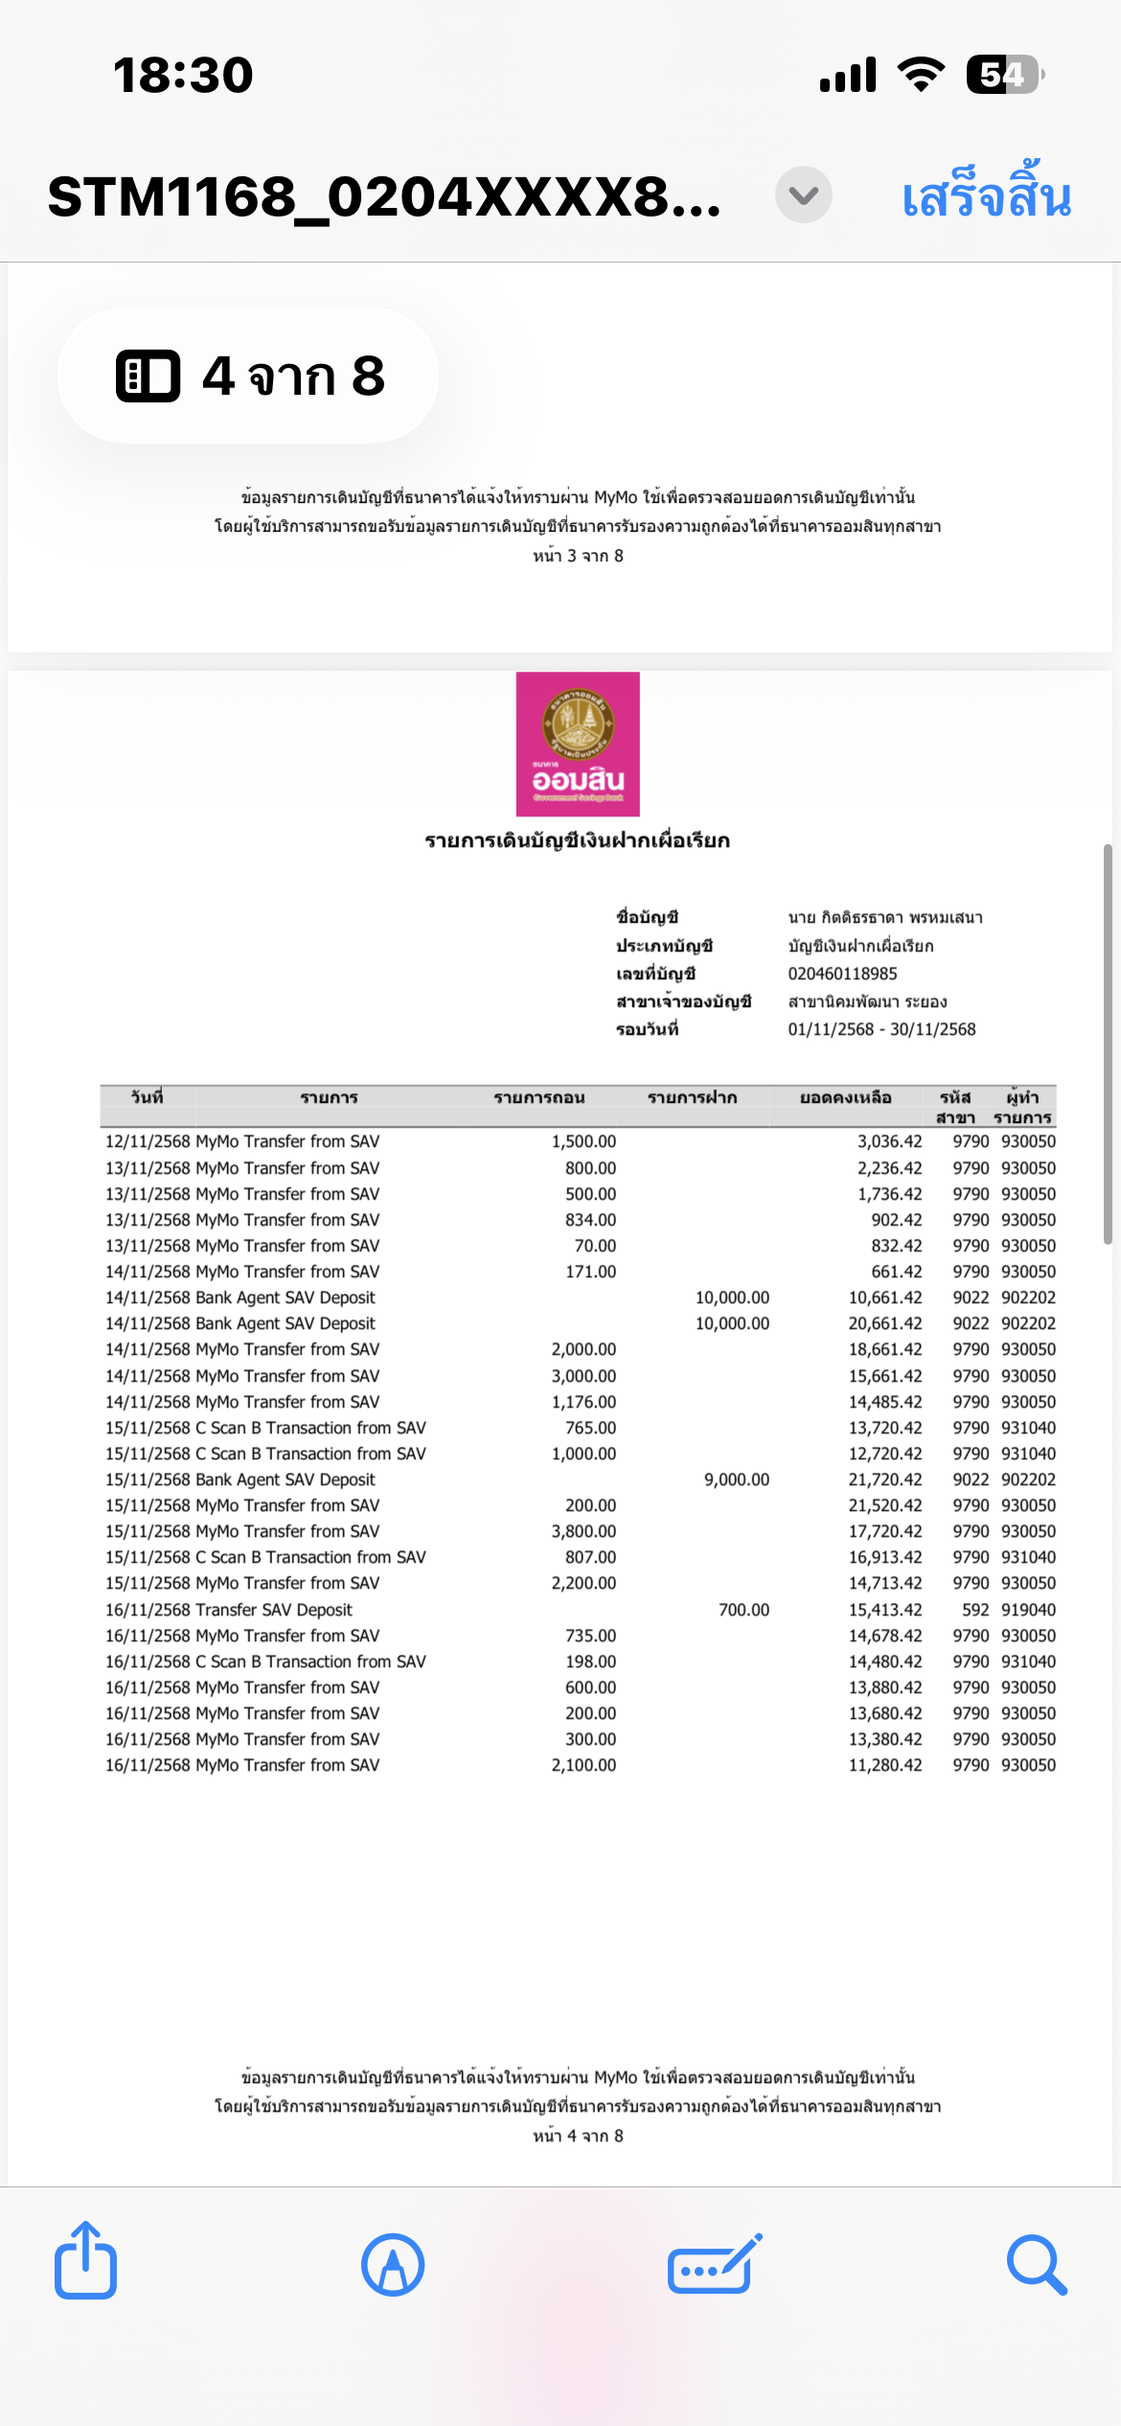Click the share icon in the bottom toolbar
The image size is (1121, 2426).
tap(85, 2263)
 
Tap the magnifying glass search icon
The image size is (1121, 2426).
tap(1037, 2265)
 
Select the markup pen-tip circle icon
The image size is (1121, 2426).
tap(393, 2265)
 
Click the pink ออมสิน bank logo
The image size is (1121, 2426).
tap(578, 744)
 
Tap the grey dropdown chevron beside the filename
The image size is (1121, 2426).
tap(803, 195)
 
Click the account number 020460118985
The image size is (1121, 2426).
tap(842, 974)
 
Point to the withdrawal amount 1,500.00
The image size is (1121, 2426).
tap(583, 1142)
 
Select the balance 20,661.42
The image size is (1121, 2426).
tap(885, 1324)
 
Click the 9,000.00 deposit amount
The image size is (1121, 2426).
tap(737, 1480)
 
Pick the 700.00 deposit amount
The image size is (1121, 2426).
tap(744, 1611)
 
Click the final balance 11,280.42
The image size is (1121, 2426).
tap(885, 1766)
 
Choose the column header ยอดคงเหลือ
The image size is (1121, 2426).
tap(845, 1098)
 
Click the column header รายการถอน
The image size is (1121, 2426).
tap(538, 1098)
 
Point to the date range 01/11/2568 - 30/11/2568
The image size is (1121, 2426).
tap(881, 1030)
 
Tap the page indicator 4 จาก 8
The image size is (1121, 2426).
tap(249, 376)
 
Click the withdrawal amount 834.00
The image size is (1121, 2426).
tap(590, 1221)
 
